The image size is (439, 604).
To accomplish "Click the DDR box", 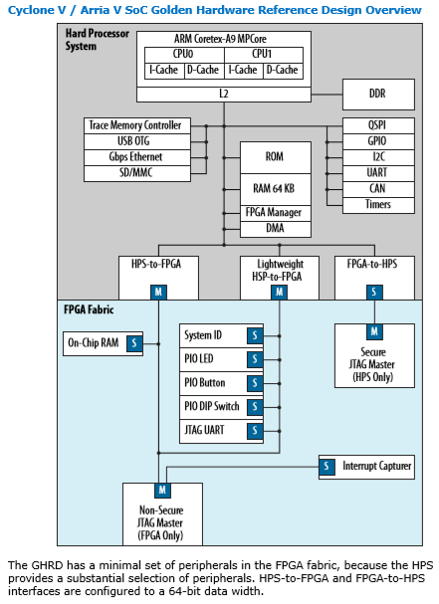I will tap(377, 94).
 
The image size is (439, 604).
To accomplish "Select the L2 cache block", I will tap(223, 93).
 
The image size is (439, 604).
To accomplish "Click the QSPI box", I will tap(377, 126).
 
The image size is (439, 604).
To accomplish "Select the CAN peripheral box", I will tap(377, 189).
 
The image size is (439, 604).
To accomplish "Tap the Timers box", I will tap(377, 205).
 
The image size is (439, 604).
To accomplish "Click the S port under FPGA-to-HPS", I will tap(373, 292).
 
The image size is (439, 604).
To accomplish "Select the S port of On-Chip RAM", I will tap(133, 343).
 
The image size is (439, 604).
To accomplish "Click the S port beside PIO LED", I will tap(255, 359).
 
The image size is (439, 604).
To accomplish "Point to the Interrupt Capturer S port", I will tap(327, 466).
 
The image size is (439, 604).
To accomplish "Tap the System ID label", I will tap(206, 335).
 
